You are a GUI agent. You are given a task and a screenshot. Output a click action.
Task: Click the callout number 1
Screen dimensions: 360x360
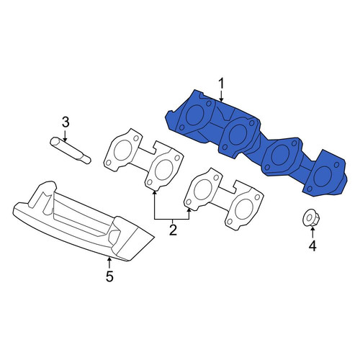[x=221, y=84]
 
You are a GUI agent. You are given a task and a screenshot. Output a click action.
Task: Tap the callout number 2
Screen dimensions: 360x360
[x=173, y=230]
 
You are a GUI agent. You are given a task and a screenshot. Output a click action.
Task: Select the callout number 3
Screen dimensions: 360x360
[x=66, y=122]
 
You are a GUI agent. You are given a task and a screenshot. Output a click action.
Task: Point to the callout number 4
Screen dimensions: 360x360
[x=312, y=246]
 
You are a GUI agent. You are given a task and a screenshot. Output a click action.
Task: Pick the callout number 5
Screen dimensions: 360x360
[x=109, y=276]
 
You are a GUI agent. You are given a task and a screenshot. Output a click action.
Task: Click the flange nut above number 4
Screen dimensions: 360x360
[x=311, y=218]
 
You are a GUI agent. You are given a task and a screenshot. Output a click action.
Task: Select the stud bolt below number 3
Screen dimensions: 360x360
[x=71, y=150]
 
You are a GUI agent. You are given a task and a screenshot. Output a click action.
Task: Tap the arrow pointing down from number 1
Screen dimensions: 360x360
[x=221, y=96]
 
